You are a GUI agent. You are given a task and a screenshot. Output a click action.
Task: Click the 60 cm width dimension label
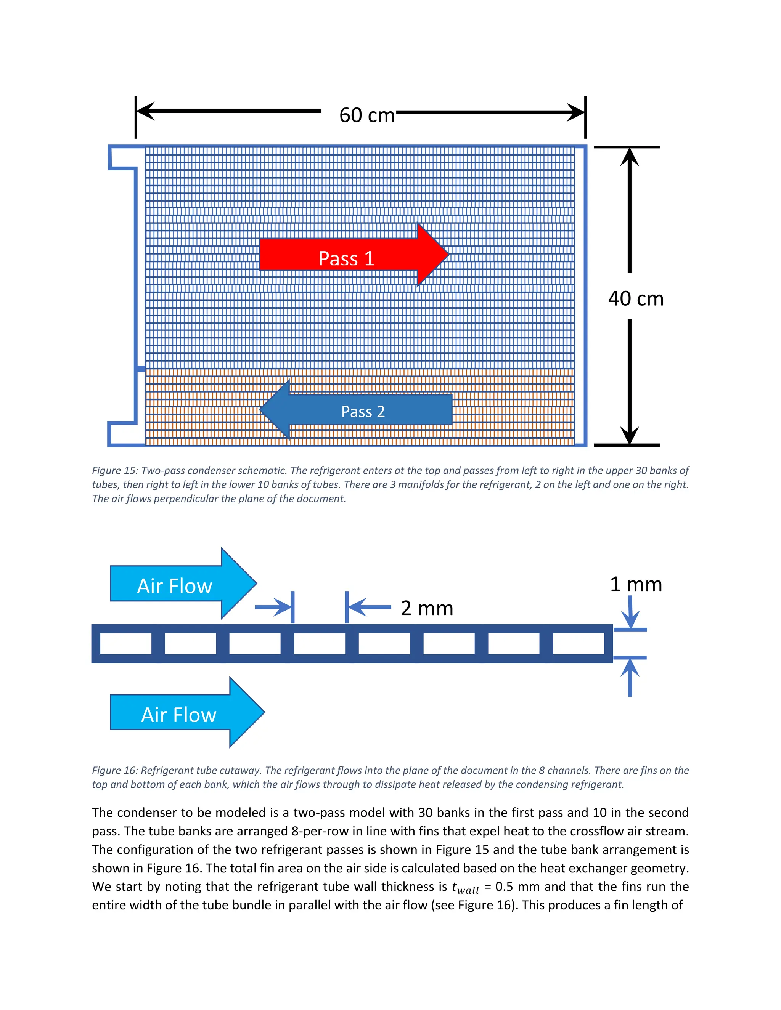(366, 115)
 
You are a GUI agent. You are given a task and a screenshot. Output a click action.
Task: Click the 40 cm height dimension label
(635, 299)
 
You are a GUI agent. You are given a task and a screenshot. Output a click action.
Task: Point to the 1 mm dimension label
(635, 584)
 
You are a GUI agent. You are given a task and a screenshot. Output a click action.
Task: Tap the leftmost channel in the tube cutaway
(126, 644)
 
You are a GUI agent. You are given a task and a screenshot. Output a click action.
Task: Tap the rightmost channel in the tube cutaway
(579, 644)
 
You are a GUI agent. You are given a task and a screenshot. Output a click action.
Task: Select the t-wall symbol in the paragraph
(465, 887)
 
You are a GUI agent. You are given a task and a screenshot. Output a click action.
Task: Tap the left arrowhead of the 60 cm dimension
(146, 111)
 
